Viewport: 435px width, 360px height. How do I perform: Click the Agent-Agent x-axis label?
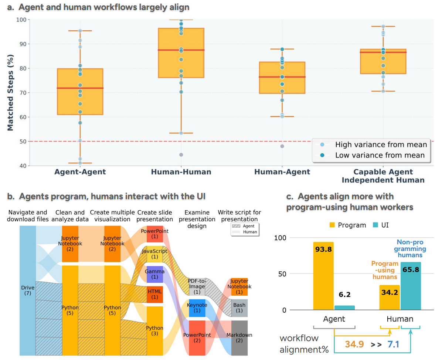tap(80, 172)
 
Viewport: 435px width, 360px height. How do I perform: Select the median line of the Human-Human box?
tap(181, 50)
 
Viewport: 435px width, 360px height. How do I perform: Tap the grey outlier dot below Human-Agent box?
tap(282, 146)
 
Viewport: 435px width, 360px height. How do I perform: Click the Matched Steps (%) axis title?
tap(10, 93)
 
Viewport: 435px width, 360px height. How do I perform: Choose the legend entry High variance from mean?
tap(381, 145)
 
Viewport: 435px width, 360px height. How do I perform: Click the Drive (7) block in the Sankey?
tap(27, 290)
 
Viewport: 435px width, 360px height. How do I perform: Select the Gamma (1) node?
tap(155, 274)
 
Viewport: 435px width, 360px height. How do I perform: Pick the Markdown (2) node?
tap(239, 337)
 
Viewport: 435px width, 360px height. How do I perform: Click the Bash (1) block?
tap(239, 308)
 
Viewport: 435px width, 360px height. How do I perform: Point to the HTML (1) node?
tap(155, 294)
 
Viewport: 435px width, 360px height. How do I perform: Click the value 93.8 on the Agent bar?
tap(323, 249)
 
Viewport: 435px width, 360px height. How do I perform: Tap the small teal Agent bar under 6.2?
tap(344, 308)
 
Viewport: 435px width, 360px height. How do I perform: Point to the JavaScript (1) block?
tap(155, 254)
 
